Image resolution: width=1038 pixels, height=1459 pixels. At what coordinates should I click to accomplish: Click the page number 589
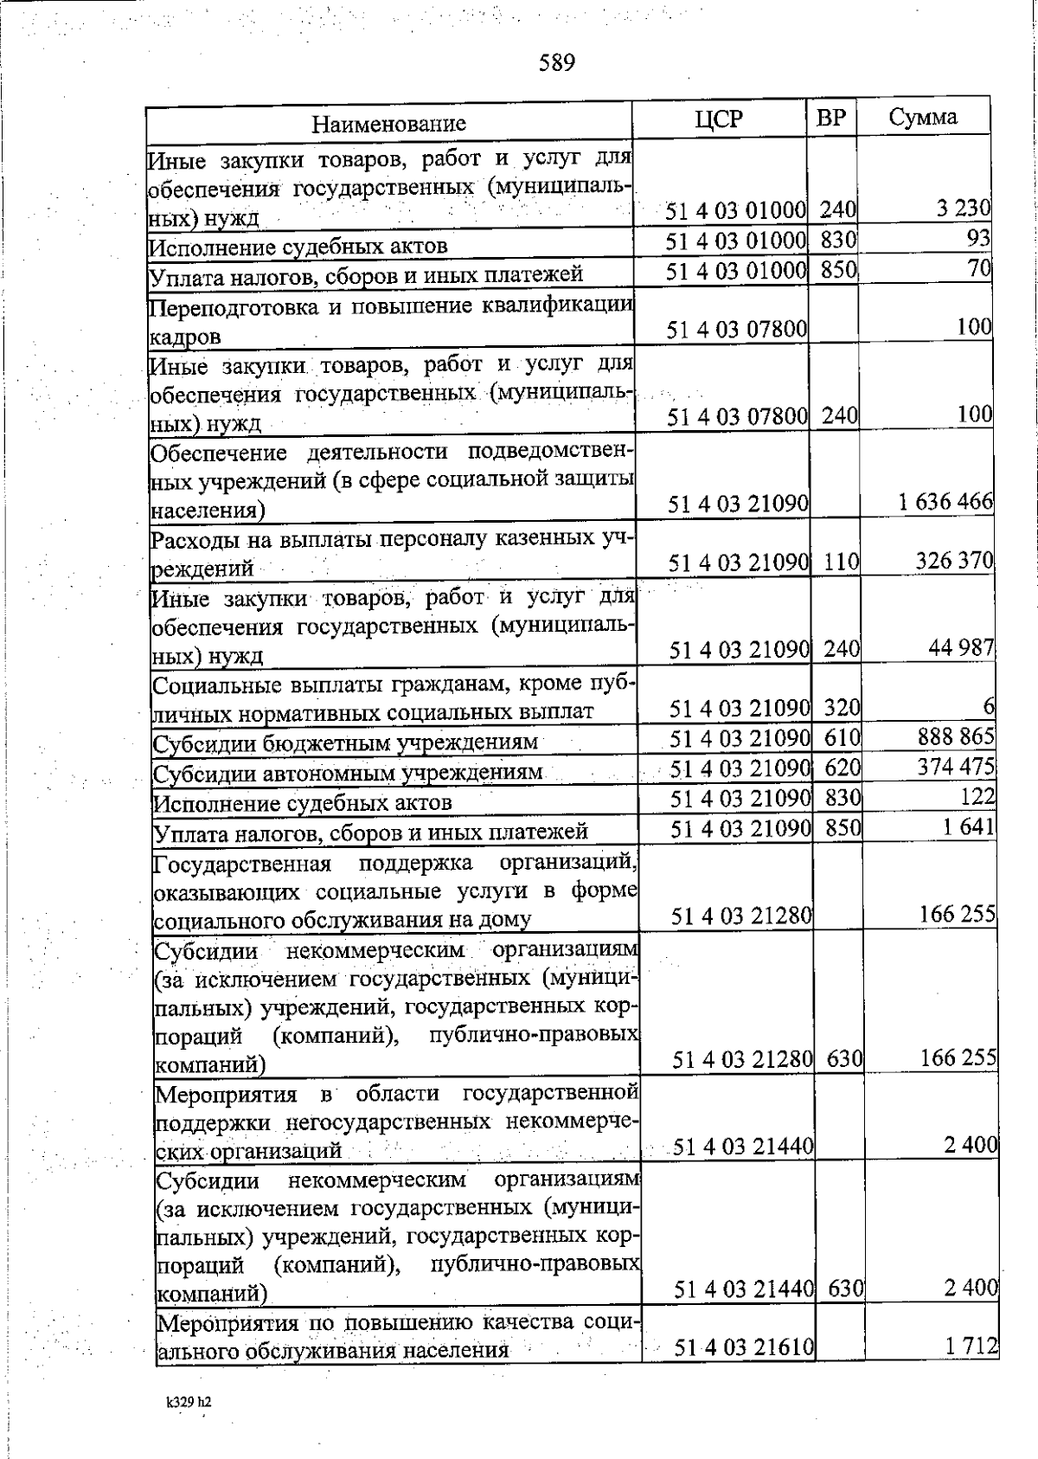click(x=557, y=63)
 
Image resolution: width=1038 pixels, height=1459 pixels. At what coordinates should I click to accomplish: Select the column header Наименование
click(x=388, y=124)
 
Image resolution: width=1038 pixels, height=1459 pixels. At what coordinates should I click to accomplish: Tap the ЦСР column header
click(x=718, y=119)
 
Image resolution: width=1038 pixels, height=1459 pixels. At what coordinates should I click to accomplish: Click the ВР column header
click(x=830, y=119)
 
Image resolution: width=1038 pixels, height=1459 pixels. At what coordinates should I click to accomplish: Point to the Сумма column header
click(x=922, y=118)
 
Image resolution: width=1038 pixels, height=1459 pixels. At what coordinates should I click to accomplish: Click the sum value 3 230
click(x=961, y=209)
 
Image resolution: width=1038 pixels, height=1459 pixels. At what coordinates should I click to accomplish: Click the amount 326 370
click(x=954, y=562)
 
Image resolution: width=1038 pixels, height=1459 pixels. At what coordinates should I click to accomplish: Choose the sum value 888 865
click(x=955, y=737)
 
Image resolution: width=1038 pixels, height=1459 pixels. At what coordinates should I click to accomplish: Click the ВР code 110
click(x=839, y=563)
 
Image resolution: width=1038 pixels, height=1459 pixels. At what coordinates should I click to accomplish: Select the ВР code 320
click(x=841, y=709)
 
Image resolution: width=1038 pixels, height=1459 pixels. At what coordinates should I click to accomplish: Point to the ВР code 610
click(x=842, y=738)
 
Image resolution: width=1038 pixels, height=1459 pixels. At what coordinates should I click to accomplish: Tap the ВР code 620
click(x=842, y=768)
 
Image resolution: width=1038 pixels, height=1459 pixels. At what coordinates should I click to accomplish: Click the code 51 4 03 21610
click(x=743, y=1347)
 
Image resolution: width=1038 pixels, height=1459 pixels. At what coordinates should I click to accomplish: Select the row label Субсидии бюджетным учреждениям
click(x=345, y=743)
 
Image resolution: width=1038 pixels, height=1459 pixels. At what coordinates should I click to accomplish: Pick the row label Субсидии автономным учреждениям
click(x=348, y=773)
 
